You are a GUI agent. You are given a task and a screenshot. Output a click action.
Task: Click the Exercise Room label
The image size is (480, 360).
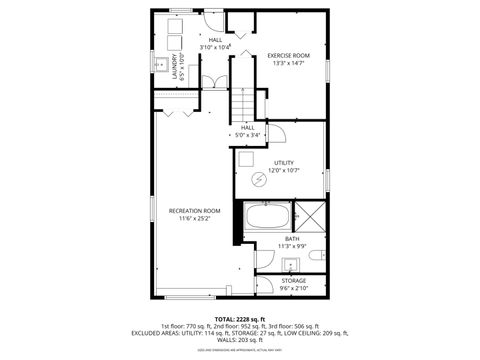click(288, 55)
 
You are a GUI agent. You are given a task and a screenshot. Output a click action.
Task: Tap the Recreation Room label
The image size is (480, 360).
click(194, 211)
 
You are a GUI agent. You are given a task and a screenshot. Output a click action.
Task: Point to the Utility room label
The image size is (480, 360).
click(284, 162)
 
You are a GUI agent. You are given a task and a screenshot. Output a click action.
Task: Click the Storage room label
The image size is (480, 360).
click(293, 281)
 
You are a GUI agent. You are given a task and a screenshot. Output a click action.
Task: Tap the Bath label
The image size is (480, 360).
click(292, 239)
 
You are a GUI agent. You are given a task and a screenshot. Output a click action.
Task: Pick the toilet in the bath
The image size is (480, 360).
click(315, 258)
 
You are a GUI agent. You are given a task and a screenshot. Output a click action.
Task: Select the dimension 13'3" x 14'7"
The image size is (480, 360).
click(288, 64)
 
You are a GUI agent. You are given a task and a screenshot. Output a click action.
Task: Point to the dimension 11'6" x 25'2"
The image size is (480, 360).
click(194, 219)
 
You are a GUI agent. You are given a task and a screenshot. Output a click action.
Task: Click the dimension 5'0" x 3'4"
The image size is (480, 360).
click(248, 136)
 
